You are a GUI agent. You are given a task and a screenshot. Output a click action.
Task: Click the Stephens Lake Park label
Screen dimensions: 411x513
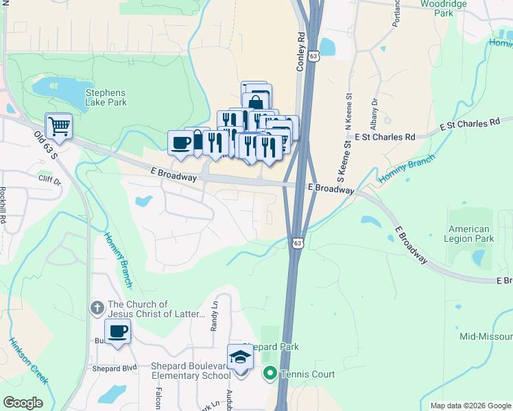pyautogui.click(x=106, y=97)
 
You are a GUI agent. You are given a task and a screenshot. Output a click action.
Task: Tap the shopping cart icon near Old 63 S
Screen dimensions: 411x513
pyautogui.click(x=59, y=126)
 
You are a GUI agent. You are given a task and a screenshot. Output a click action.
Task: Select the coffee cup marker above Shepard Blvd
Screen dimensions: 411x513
pyautogui.click(x=117, y=332)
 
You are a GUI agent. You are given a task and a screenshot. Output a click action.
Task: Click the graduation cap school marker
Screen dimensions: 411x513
pyautogui.click(x=240, y=358)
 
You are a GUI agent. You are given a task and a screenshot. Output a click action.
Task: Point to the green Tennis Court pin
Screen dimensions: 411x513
pyautogui.click(x=270, y=374)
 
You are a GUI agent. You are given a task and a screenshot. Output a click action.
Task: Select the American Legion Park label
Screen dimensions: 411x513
pyautogui.click(x=470, y=234)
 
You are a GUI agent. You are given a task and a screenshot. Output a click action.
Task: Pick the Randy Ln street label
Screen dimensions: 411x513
pyautogui.click(x=214, y=318)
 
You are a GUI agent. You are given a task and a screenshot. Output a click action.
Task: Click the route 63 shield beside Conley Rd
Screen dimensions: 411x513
pyautogui.click(x=313, y=57)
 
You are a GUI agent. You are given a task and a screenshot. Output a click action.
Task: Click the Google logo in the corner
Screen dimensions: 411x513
pyautogui.click(x=23, y=403)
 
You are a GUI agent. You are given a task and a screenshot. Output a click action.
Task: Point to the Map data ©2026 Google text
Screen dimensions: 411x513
pyautogui.click(x=470, y=406)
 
